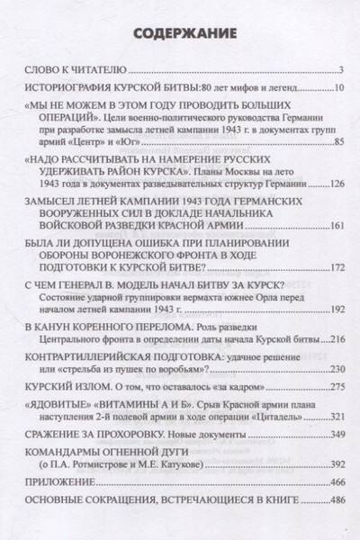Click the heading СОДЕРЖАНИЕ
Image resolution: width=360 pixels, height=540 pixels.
(x=180, y=35)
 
